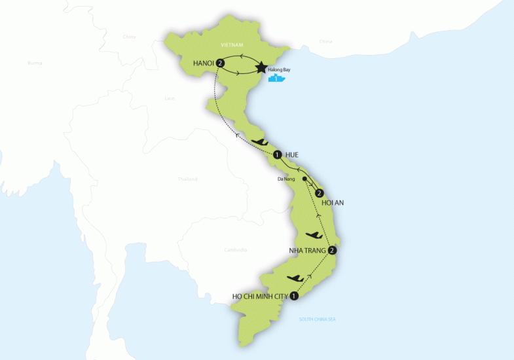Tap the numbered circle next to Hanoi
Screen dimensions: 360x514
(x=221, y=63)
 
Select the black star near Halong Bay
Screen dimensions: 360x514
(x=262, y=67)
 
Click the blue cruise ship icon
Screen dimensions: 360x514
(x=278, y=80)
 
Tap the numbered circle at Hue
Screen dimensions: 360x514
(x=278, y=155)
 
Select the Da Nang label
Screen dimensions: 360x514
(x=286, y=177)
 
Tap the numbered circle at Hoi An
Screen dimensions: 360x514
(x=319, y=194)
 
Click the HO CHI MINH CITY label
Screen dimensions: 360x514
(x=259, y=296)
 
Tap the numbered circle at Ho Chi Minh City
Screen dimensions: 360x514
(x=294, y=296)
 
